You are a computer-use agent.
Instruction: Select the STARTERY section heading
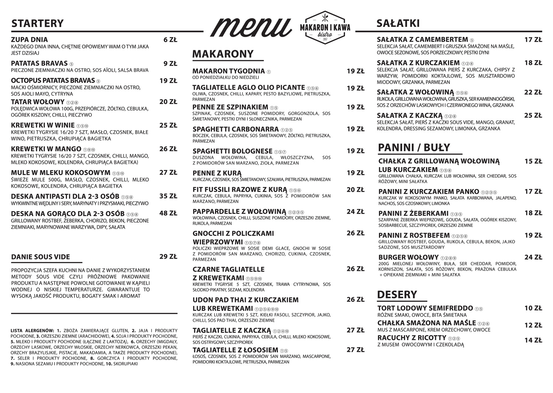click(x=38, y=23)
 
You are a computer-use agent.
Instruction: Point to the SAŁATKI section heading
click(x=398, y=23)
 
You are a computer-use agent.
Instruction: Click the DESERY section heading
click(x=397, y=294)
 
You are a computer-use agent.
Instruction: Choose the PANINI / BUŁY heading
click(x=414, y=148)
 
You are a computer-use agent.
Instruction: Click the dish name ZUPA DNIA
click(x=29, y=40)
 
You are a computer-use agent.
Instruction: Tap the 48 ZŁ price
click(x=168, y=213)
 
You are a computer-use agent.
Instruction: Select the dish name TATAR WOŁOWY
click(x=38, y=102)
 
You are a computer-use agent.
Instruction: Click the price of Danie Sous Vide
click(x=168, y=257)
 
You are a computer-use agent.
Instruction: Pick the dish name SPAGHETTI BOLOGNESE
click(x=232, y=151)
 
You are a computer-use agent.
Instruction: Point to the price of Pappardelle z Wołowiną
click(x=355, y=211)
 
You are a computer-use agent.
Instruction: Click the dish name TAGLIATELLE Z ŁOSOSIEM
click(x=235, y=350)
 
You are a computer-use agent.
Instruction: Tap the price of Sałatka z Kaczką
click(x=533, y=116)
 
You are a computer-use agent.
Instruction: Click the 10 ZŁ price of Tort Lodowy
click(x=533, y=308)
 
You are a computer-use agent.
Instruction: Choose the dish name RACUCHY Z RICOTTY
click(x=412, y=338)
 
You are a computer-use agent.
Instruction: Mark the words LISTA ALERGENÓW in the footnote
click(x=32, y=331)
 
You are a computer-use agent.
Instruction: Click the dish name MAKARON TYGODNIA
click(x=229, y=71)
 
